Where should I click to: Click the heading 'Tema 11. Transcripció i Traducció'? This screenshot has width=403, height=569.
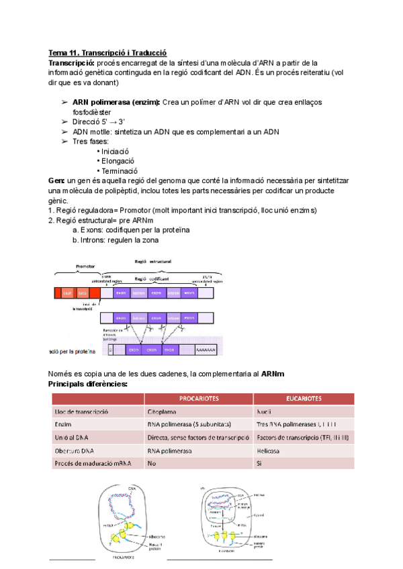point(107,53)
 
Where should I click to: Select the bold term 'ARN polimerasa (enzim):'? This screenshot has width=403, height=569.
point(116,102)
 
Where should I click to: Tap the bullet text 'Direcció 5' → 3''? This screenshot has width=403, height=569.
point(99,121)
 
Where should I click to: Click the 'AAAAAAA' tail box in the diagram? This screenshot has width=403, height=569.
point(204,350)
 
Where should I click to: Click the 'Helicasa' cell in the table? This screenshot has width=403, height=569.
point(268,451)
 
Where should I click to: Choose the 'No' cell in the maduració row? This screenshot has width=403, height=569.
point(151,464)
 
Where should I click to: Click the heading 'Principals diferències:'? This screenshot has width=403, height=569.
point(88,384)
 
